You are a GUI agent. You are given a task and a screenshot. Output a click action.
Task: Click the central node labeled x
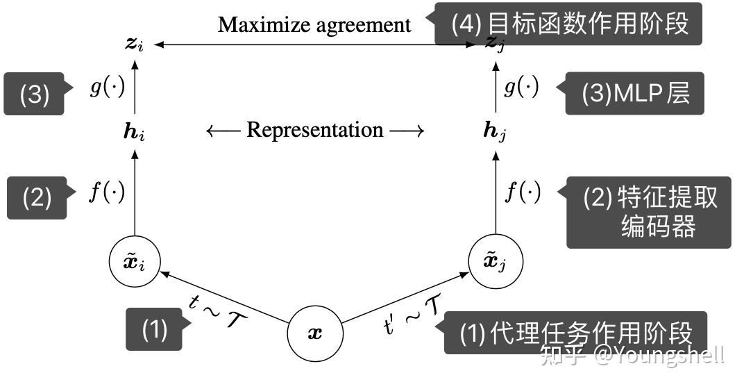[x=315, y=333]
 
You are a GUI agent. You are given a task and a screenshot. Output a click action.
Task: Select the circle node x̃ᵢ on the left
[x=135, y=261]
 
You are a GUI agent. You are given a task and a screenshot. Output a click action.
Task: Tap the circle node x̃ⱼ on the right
[x=496, y=261]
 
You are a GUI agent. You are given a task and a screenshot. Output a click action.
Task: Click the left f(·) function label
[x=107, y=192]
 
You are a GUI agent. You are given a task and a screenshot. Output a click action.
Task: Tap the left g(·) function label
[x=107, y=89]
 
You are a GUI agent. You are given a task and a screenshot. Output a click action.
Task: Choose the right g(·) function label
[x=521, y=89]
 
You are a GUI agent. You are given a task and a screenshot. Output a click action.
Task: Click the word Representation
[x=314, y=130]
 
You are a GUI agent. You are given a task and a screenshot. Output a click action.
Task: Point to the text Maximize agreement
[x=314, y=26]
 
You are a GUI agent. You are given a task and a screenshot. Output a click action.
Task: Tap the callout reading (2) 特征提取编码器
[x=649, y=212]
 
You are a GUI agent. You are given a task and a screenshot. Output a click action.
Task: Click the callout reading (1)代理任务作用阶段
[x=576, y=333]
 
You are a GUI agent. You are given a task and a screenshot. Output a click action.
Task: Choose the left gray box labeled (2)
[x=37, y=198]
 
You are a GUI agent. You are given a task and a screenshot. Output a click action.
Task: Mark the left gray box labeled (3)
[x=35, y=94]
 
